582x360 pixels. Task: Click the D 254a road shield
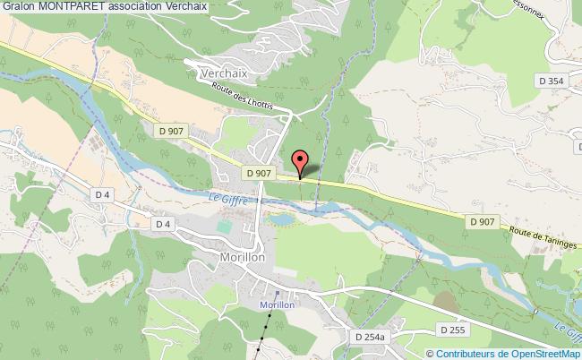tap(369, 337)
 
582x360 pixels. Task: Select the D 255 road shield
tap(457, 330)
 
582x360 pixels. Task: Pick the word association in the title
tap(137, 6)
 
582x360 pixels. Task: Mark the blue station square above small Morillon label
tap(277, 292)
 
